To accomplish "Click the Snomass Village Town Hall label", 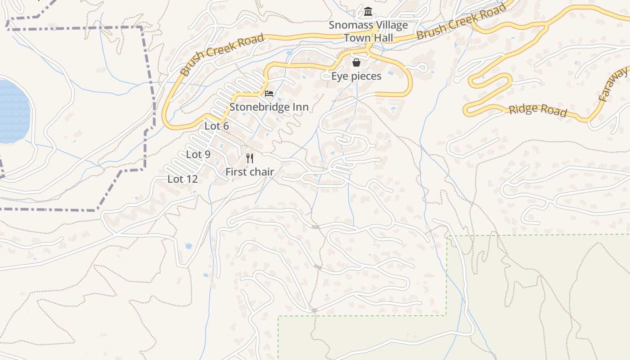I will click(368, 31).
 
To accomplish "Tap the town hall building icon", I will click(368, 11).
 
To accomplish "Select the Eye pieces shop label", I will click(356, 76).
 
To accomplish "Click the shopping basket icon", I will click(356, 63).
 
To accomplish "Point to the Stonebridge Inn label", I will click(269, 107).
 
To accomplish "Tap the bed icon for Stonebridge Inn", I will click(269, 94).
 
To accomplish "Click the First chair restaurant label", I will click(249, 171).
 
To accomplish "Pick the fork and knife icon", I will click(250, 158).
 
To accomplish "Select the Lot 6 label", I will click(216, 126).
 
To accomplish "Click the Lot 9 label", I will click(198, 155).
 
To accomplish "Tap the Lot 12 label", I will click(182, 179).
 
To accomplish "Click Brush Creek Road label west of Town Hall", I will click(221, 55).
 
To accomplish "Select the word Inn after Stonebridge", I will click(300, 107).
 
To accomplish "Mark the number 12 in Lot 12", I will click(191, 179).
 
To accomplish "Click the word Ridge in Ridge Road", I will click(523, 108).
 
